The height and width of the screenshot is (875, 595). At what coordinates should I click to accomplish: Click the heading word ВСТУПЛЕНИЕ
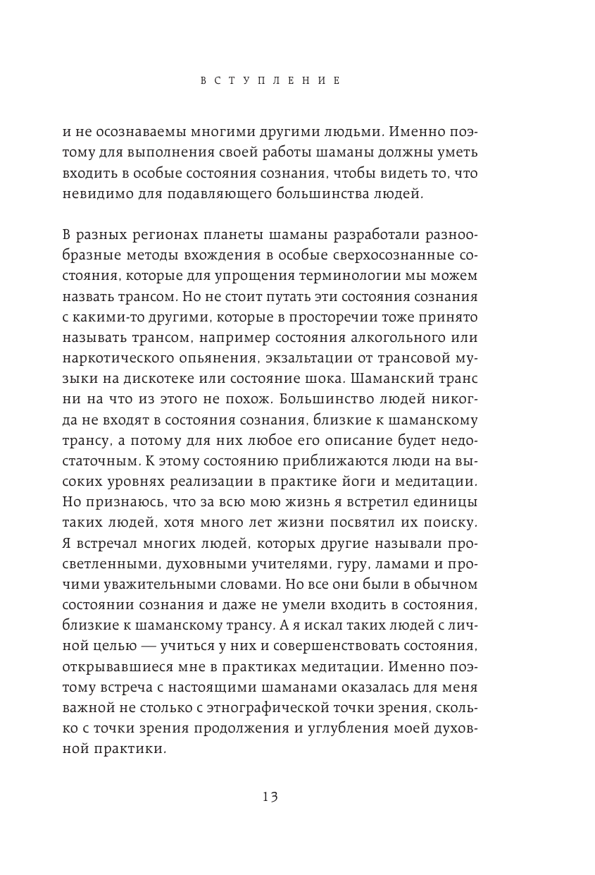270,81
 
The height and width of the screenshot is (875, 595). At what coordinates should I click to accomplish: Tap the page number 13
270,797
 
